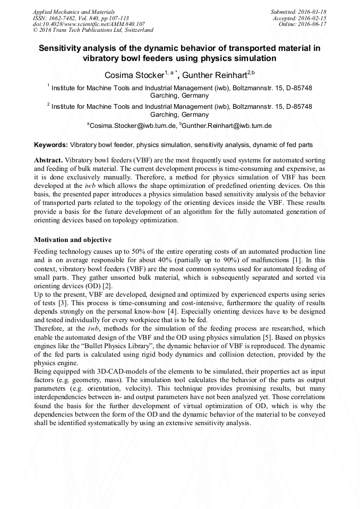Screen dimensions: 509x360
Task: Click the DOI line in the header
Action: pyautogui.click(x=89, y=24)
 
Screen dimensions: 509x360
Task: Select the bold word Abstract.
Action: pyautogui.click(x=48, y=160)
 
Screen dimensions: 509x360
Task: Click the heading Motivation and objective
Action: pyautogui.click(x=73, y=240)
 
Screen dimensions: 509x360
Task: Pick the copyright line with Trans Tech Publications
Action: pyautogui.click(x=93, y=30)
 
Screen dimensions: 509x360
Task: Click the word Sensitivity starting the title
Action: pyautogui.click(x=61, y=48)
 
